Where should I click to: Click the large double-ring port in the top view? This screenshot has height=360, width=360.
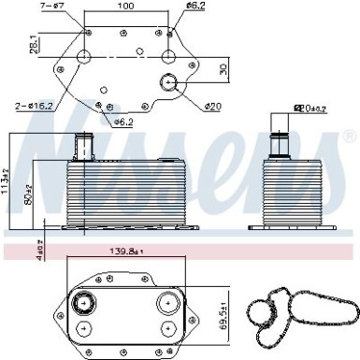tap(167, 81)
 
